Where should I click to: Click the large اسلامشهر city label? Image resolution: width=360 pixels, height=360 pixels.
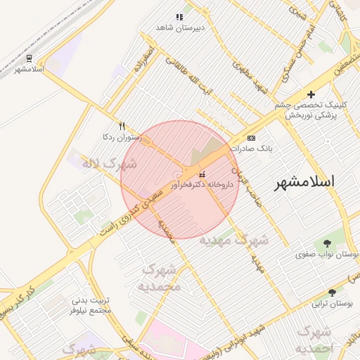[x=304, y=181]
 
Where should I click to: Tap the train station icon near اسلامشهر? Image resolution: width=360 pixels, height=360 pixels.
[x=30, y=58]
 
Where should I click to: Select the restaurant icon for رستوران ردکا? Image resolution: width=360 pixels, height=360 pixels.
[x=122, y=126]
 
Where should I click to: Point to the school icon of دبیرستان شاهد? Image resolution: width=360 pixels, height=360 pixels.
[x=179, y=17]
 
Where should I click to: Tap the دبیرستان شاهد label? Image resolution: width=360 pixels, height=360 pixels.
[x=179, y=27]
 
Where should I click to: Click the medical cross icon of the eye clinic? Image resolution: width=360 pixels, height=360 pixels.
[x=311, y=94]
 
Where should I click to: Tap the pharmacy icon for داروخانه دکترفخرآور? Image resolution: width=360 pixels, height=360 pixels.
[x=202, y=174]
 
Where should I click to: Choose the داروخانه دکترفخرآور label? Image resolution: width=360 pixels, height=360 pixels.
[x=201, y=185]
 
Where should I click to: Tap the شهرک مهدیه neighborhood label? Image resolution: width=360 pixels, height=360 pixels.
[x=233, y=240]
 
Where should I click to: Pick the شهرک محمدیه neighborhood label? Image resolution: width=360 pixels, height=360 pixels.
[x=159, y=278]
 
